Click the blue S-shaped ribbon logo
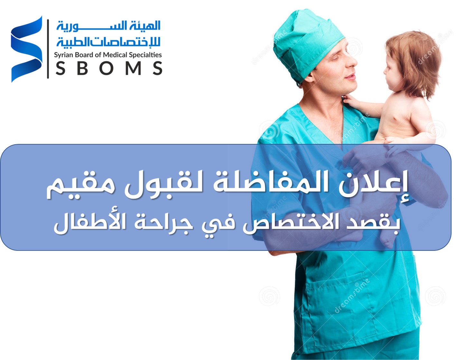tap(27, 49)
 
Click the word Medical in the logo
tap(115, 55)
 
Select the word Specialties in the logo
tap(145, 55)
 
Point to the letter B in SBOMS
tap(82, 68)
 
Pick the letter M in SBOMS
tap(134, 68)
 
